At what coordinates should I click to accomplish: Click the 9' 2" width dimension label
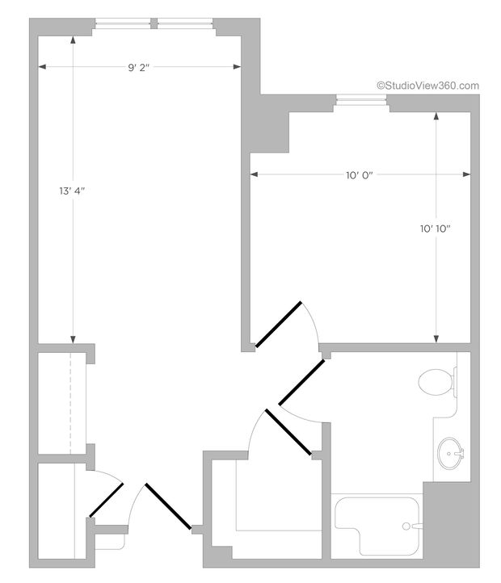point(139,67)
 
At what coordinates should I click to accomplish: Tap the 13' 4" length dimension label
point(72,191)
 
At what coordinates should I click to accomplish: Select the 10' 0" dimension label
point(357,174)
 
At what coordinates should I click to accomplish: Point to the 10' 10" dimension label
point(435,229)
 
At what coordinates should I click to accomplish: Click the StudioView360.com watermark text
point(427,85)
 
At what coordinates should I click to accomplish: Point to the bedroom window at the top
point(361,101)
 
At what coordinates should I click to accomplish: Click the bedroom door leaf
point(278,324)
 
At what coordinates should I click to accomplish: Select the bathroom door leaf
point(301,383)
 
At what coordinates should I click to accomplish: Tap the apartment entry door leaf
point(168,506)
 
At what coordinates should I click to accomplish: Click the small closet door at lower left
point(106,501)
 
